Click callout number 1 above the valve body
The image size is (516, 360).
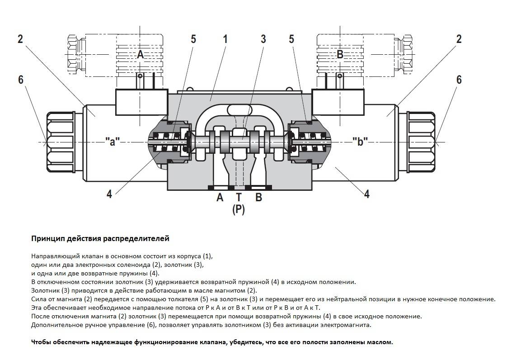[x=225, y=38]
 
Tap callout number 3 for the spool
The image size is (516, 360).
[x=263, y=38]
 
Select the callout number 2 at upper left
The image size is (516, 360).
[x=20, y=39]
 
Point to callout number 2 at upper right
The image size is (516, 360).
[x=459, y=39]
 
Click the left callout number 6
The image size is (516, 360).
[x=21, y=80]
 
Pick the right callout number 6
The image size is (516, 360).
[x=459, y=80]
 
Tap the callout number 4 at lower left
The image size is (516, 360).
[x=109, y=194]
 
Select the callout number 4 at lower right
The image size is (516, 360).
[x=367, y=194]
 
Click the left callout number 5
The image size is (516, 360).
[x=193, y=39]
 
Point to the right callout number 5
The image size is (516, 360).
[x=291, y=39]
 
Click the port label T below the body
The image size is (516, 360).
[x=239, y=197]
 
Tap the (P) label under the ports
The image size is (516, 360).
[x=239, y=209]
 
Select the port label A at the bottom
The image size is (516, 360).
[x=220, y=197]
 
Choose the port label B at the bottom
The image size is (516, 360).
[x=258, y=197]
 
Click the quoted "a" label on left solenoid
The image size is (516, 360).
[x=113, y=142]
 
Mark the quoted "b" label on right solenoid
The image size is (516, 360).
[x=360, y=142]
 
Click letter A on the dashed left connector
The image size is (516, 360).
[x=141, y=55]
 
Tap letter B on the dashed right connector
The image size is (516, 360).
[x=340, y=55]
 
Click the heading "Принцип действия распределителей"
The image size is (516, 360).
[x=100, y=238]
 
